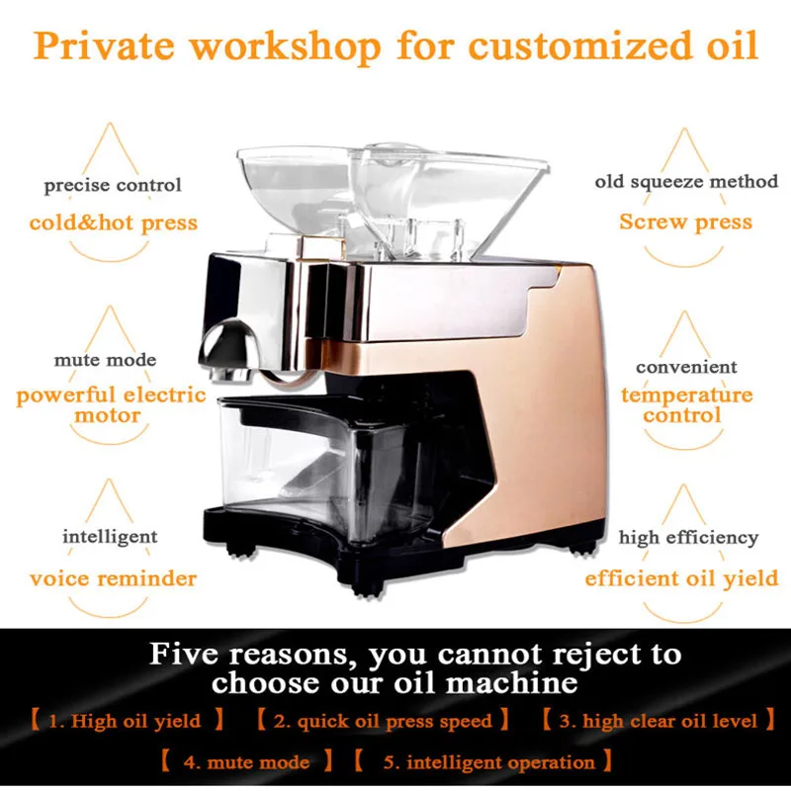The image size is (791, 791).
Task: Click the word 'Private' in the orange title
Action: tap(104, 45)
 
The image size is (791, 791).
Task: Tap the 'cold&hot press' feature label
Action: tap(114, 222)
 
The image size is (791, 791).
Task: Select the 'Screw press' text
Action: tap(685, 221)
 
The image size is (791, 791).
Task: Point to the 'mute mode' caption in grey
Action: tap(105, 360)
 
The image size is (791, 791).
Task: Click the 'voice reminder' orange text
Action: tap(113, 578)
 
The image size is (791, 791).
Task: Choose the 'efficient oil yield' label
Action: tap(681, 578)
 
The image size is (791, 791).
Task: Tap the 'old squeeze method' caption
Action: tap(686, 182)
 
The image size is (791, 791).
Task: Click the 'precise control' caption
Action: tap(113, 185)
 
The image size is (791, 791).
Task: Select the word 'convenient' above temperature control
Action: tap(686, 367)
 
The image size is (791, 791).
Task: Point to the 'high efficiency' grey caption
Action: tap(688, 538)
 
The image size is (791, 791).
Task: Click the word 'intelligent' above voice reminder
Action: tap(110, 537)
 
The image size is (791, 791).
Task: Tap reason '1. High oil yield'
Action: tap(125, 721)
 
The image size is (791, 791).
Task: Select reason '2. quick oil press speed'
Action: tap(383, 722)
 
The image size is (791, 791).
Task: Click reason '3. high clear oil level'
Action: tap(659, 721)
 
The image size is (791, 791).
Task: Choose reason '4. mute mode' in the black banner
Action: tap(246, 761)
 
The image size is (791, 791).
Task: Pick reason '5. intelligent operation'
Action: tap(488, 762)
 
